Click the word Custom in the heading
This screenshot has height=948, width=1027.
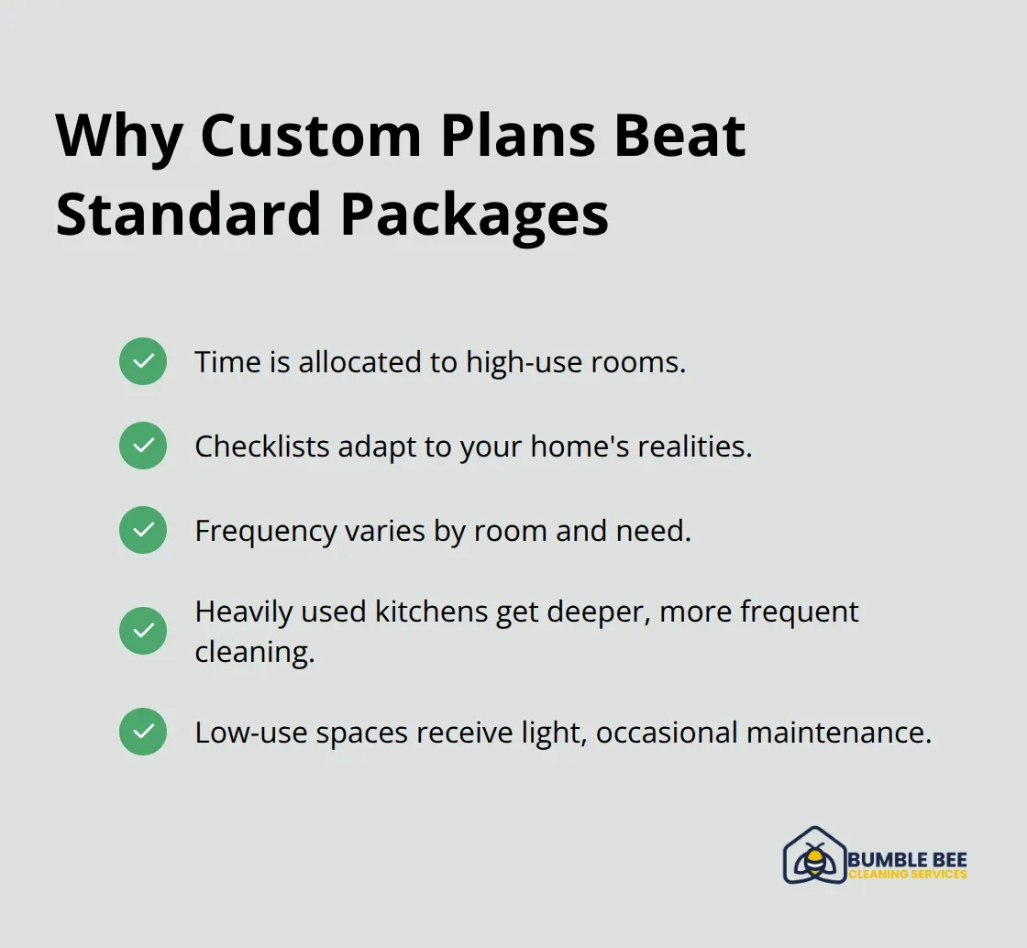tap(310, 137)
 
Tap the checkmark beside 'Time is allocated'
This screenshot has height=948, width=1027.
tap(143, 361)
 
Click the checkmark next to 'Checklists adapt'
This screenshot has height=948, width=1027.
tap(143, 446)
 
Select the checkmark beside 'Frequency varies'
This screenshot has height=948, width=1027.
tap(143, 530)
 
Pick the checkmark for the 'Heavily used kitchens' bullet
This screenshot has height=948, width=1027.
tap(143, 631)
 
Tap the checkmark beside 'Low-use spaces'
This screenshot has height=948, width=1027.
tap(143, 732)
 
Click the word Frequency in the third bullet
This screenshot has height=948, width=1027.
tap(265, 531)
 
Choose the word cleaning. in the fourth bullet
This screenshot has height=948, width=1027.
tap(255, 652)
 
